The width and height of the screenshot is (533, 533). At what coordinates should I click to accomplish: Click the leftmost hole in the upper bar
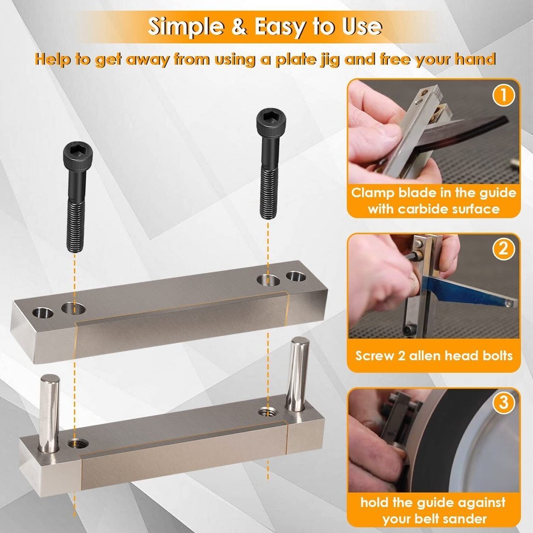pyautogui.click(x=41, y=311)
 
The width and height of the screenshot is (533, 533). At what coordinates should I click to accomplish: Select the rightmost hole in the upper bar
pyautogui.click(x=294, y=277)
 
